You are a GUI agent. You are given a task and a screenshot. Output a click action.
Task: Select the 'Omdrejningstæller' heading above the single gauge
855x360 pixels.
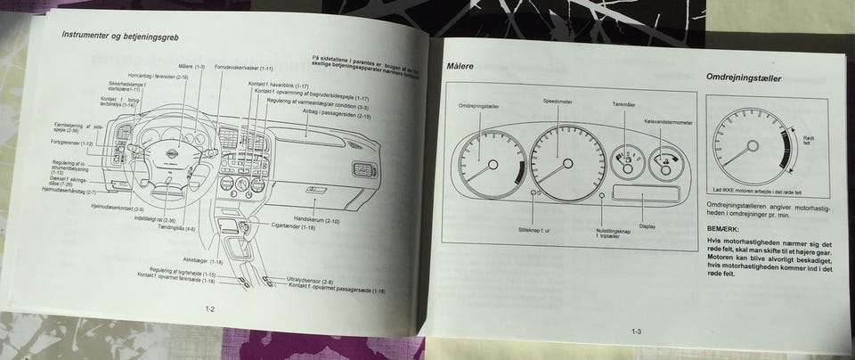pyautogui.click(x=743, y=78)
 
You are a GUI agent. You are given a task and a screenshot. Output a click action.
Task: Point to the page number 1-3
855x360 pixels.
pyautogui.click(x=638, y=331)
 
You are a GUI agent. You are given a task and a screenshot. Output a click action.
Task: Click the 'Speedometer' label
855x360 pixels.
pyautogui.click(x=558, y=102)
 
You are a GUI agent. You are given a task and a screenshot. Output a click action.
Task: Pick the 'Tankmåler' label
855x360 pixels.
pyautogui.click(x=623, y=105)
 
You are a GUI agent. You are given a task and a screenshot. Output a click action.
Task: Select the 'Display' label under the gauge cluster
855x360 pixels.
pyautogui.click(x=647, y=225)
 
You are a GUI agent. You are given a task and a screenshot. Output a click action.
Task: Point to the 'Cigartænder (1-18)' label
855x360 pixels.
pyautogui.click(x=293, y=226)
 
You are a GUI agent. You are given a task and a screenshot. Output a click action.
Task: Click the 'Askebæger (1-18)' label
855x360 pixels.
pyautogui.click(x=205, y=262)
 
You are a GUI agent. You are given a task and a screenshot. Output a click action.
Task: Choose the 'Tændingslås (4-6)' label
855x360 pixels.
pyautogui.click(x=177, y=228)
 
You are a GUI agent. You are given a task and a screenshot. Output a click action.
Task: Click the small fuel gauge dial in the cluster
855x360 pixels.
pyautogui.click(x=627, y=163)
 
